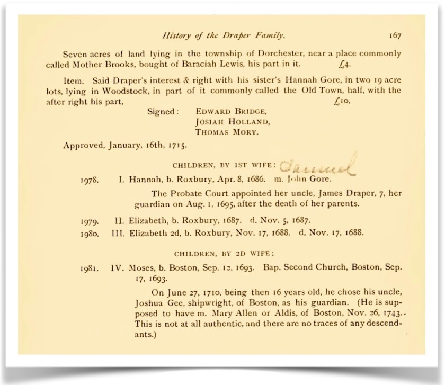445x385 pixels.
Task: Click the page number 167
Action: coord(394,36)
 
